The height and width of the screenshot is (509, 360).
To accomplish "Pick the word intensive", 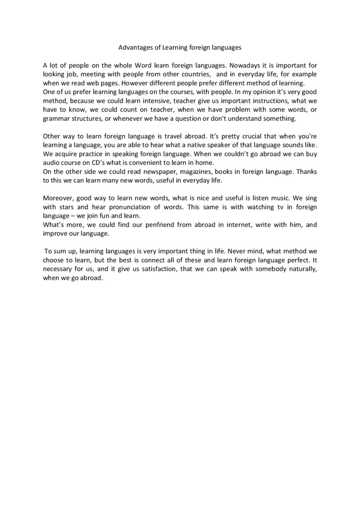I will [x=158, y=100].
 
